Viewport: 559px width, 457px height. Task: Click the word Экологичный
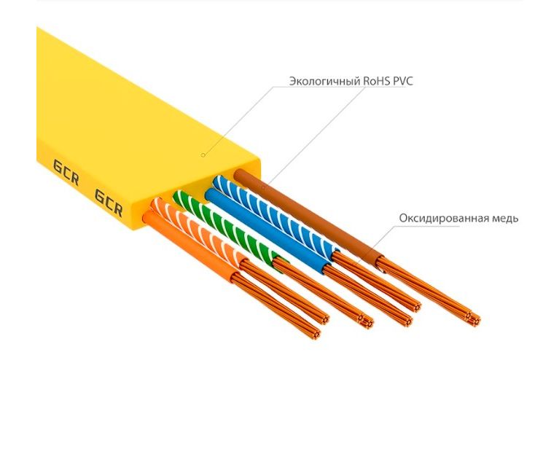point(324,81)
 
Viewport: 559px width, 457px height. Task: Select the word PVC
point(403,81)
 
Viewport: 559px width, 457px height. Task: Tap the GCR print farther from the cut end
point(66,172)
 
